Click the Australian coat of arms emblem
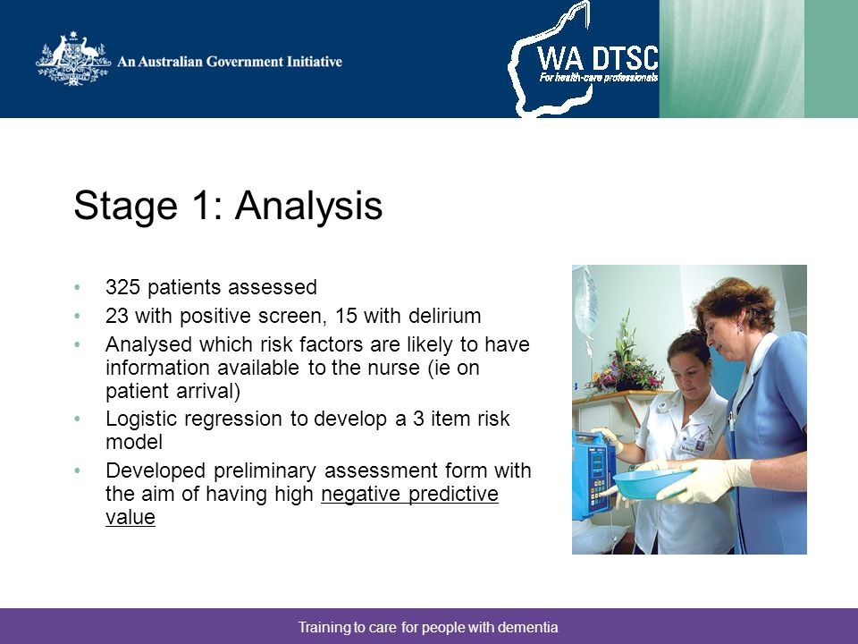[72, 59]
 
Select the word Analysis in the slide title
[309, 207]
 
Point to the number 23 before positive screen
[116, 316]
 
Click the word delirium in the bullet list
[445, 316]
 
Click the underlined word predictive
[453, 495]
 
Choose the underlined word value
[130, 518]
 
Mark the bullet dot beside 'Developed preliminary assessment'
[77, 470]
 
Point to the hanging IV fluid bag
[585, 301]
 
